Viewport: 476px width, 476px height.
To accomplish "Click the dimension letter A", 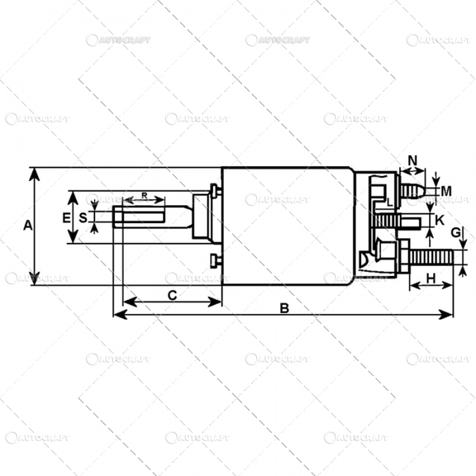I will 28,226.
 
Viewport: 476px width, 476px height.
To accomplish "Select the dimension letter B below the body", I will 284,308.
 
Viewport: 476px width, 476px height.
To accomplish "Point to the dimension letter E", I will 66,218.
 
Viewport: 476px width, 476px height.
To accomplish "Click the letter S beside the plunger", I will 83,218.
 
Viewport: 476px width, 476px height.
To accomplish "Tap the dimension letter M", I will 445,190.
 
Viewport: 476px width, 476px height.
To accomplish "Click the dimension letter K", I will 439,220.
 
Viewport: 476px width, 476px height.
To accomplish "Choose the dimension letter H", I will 430,277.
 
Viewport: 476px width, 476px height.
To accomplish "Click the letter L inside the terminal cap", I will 388,203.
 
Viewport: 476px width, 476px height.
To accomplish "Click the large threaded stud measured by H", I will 432,258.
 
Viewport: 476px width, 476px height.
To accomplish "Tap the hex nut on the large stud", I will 401,258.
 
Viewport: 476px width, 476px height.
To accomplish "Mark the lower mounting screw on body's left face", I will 215,259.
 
